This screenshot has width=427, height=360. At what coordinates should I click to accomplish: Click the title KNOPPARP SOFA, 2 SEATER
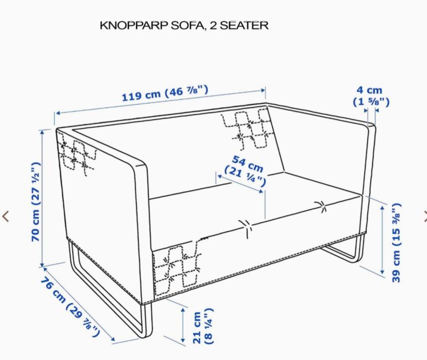click(x=184, y=26)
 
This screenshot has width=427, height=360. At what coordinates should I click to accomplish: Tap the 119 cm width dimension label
click(x=165, y=93)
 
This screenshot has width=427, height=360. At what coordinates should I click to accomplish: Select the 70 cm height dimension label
click(x=36, y=201)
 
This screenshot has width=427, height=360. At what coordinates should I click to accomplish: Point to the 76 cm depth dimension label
click(x=70, y=307)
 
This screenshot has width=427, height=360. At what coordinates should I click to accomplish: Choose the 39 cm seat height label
click(x=396, y=243)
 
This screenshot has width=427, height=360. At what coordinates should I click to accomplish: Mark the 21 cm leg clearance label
click(x=203, y=326)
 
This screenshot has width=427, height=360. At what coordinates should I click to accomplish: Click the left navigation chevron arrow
click(x=5, y=217)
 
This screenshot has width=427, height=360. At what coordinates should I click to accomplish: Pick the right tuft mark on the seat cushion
click(x=321, y=206)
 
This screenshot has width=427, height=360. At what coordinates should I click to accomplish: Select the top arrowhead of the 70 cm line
click(x=42, y=133)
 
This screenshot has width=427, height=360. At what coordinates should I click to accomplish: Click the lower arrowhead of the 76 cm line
click(x=112, y=339)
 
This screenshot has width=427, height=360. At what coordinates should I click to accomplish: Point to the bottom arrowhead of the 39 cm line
click(x=382, y=272)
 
